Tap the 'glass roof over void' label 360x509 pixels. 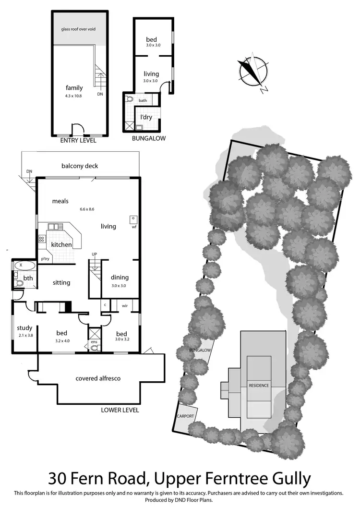[78, 29]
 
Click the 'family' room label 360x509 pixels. [74, 88]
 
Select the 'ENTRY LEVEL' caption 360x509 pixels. [78, 141]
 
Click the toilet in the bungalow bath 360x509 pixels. [129, 100]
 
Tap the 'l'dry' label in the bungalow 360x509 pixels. [146, 117]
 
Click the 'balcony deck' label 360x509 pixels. [80, 166]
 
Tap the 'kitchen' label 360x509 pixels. [61, 245]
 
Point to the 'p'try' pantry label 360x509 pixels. [46, 259]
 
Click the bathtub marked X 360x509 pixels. [24, 265]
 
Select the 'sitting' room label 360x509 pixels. [61, 283]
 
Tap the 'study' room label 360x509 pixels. [24, 328]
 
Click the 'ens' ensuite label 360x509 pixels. [95, 342]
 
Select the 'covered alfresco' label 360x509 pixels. [98, 378]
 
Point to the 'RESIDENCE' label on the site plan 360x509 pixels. [259, 386]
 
